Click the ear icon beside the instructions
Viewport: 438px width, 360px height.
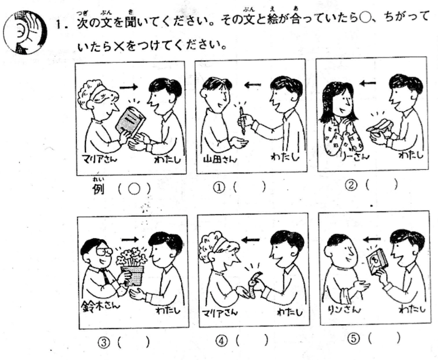pos(25,32)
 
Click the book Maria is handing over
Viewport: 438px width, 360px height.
pos(130,122)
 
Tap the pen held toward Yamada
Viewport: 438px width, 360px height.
pos(242,121)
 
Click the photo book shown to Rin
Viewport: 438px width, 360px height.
pos(377,261)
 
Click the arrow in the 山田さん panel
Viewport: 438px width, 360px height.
pos(252,85)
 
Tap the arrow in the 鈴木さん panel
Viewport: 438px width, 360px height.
pos(130,239)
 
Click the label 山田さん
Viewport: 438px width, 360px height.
pos(220,159)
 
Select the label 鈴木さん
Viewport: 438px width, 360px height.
pos(100,306)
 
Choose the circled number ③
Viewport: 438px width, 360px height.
pos(103,342)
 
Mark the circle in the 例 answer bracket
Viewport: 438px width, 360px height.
pos(134,190)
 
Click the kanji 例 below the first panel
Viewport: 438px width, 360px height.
pos(99,189)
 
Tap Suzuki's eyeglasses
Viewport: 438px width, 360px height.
pos(104,252)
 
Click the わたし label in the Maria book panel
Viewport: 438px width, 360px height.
pos(168,160)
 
